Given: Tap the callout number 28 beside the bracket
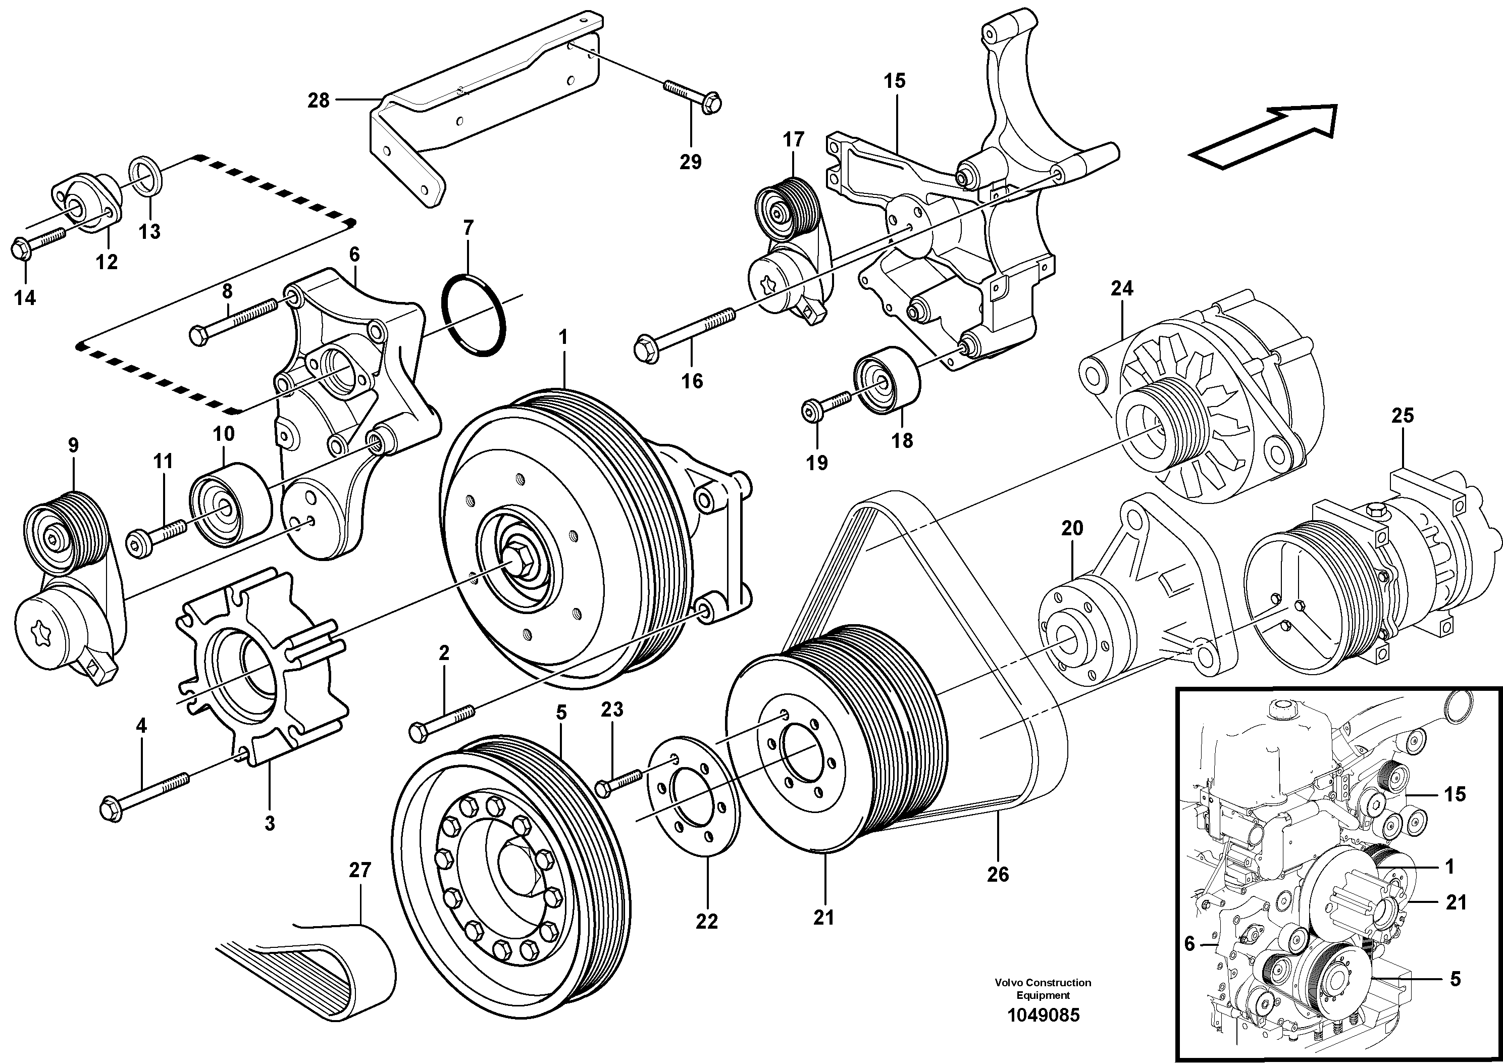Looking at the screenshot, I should coord(319,101).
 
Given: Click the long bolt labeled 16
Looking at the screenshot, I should coord(684,331).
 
